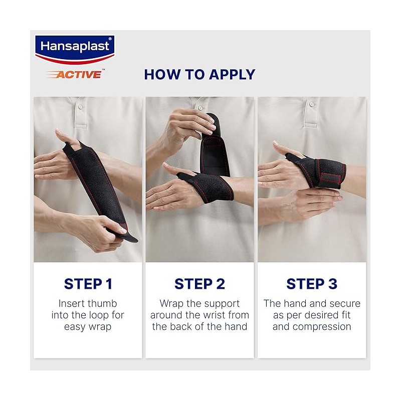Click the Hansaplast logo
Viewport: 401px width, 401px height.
tap(75, 50)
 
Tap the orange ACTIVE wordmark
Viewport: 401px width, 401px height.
tap(76, 74)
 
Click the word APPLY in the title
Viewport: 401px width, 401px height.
tap(232, 74)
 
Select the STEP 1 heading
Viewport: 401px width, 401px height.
tap(88, 284)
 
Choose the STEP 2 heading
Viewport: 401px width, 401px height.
tap(199, 284)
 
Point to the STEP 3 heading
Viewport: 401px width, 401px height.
tap(312, 284)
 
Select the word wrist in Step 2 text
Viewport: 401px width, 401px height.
tap(214, 315)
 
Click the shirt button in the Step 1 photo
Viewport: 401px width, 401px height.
tap(80, 107)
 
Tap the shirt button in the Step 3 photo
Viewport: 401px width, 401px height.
tap(311, 104)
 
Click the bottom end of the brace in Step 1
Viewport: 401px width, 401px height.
tap(133, 240)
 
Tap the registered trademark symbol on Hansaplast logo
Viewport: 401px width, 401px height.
tap(110, 39)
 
